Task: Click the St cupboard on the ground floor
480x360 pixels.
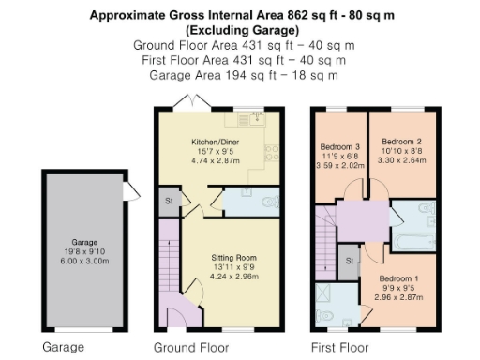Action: [169, 201]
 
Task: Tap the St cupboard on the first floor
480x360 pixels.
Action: [350, 260]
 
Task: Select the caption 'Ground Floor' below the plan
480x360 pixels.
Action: [190, 347]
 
